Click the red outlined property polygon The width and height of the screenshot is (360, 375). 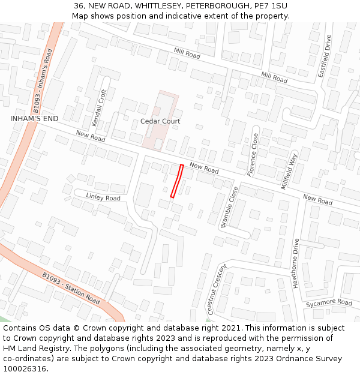click(x=177, y=181)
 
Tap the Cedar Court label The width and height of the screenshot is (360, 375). click(x=160, y=121)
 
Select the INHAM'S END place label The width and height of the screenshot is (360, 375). click(x=34, y=119)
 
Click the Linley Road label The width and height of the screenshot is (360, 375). click(x=103, y=197)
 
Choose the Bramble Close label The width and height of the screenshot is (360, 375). click(x=229, y=207)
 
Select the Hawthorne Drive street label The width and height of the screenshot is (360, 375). click(x=296, y=263)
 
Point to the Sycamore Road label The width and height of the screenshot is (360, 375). click(x=329, y=303)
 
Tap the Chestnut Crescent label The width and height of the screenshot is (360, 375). click(x=217, y=289)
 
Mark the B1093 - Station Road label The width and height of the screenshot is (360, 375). click(x=71, y=289)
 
